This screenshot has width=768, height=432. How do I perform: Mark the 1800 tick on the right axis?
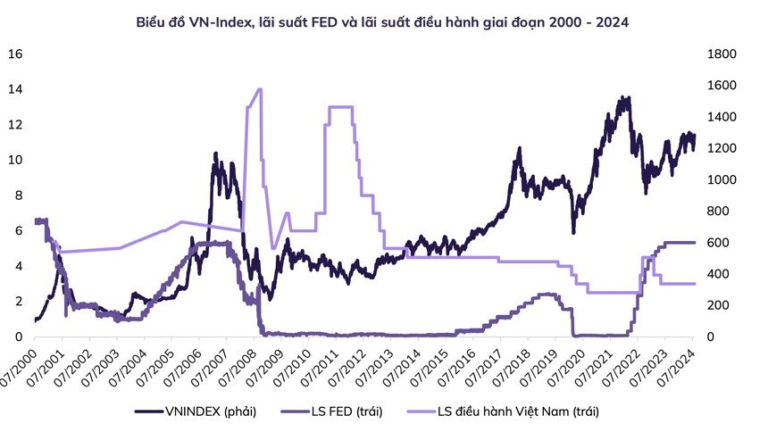tap(722, 54)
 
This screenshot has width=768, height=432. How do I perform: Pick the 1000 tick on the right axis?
tap(722, 180)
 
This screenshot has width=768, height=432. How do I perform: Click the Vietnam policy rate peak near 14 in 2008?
tap(259, 89)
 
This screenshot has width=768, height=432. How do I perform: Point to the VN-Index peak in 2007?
tap(215, 154)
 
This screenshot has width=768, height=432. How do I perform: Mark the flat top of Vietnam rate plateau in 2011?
tap(340, 107)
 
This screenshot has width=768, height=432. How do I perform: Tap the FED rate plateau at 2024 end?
tap(683, 243)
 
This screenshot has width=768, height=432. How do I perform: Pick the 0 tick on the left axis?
tap(17, 336)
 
